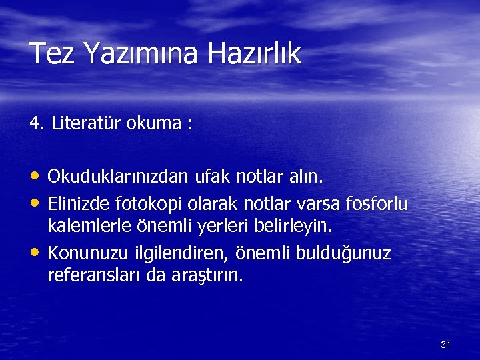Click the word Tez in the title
(51, 53)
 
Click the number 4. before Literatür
(37, 123)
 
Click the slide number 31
(446, 345)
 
